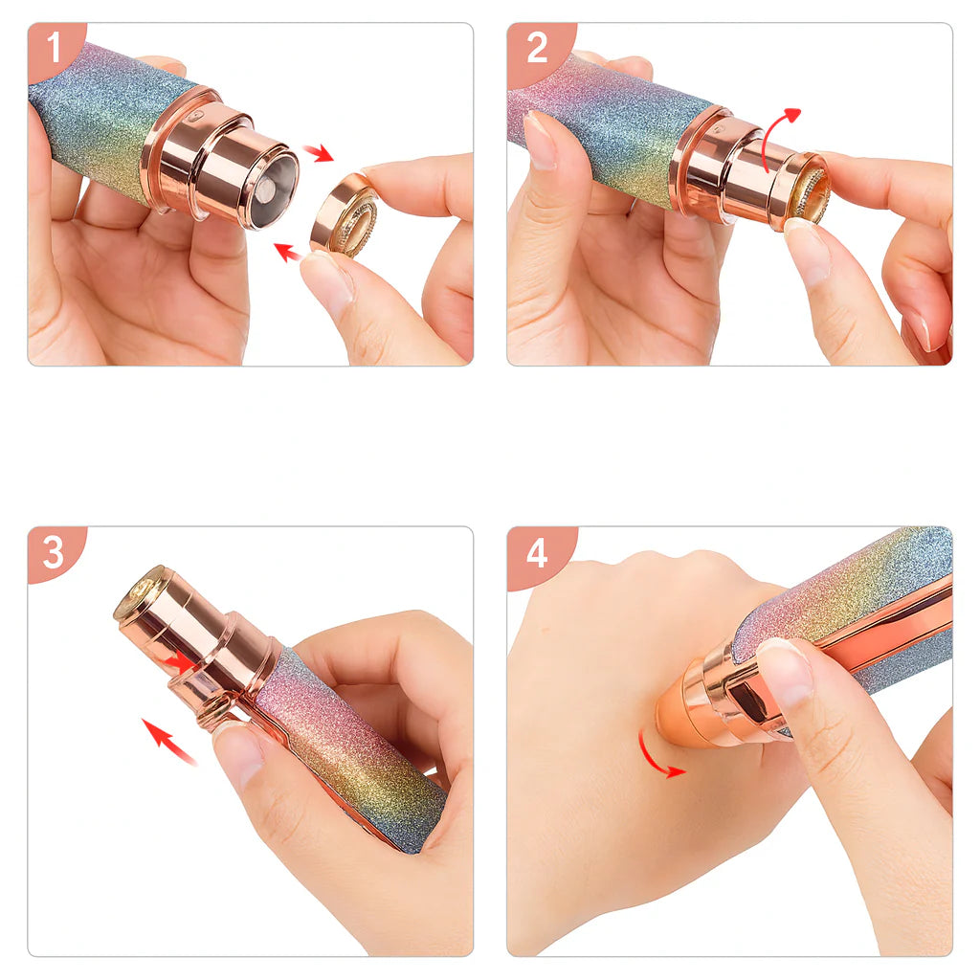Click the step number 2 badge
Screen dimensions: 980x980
point(536,48)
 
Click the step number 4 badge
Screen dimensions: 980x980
point(536,552)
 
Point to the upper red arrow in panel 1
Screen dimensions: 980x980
point(319,152)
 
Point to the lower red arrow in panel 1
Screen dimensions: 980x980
point(288,252)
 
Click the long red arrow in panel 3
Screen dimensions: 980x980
point(169,742)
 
